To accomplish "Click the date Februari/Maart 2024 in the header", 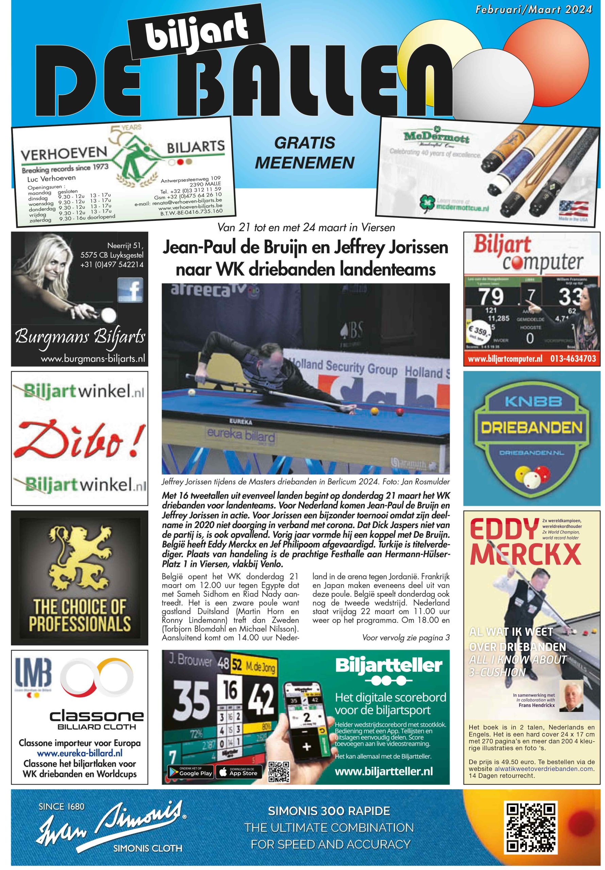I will pos(533,9).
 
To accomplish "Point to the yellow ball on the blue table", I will pos(375,411).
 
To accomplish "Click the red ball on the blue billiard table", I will pos(399,411).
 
